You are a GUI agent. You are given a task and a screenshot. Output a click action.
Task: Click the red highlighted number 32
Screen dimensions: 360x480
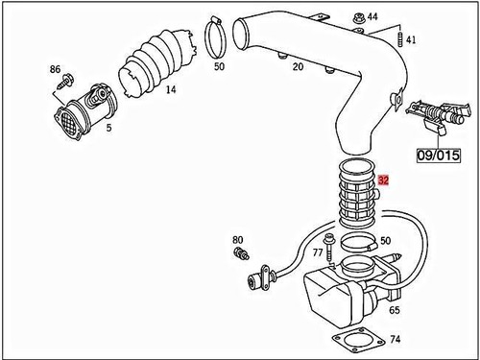coord(384,180)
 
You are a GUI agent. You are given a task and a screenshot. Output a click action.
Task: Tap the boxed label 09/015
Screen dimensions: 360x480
coord(438,153)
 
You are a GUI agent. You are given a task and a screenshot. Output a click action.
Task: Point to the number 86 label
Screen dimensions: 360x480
coord(54,71)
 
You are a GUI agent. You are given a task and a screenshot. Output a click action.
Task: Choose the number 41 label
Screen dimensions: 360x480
coord(411,39)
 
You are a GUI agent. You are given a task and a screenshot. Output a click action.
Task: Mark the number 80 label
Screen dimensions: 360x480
coord(238,239)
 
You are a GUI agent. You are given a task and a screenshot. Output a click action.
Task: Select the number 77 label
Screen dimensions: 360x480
coord(316,252)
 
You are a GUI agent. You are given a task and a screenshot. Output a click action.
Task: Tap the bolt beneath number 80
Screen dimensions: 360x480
coord(242,254)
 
